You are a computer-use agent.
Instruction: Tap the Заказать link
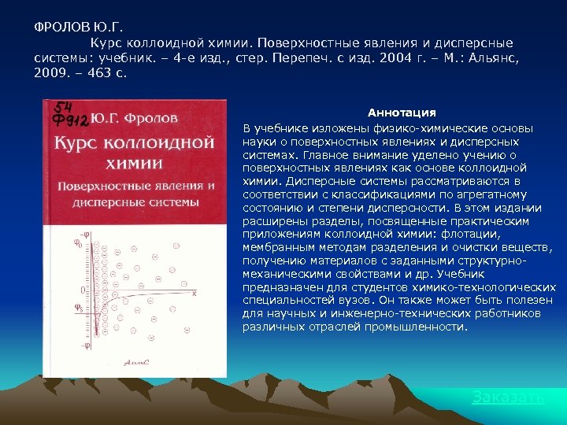click(508, 397)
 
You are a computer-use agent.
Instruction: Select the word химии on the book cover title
click(133, 164)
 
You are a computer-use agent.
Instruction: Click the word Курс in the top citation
click(105, 42)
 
